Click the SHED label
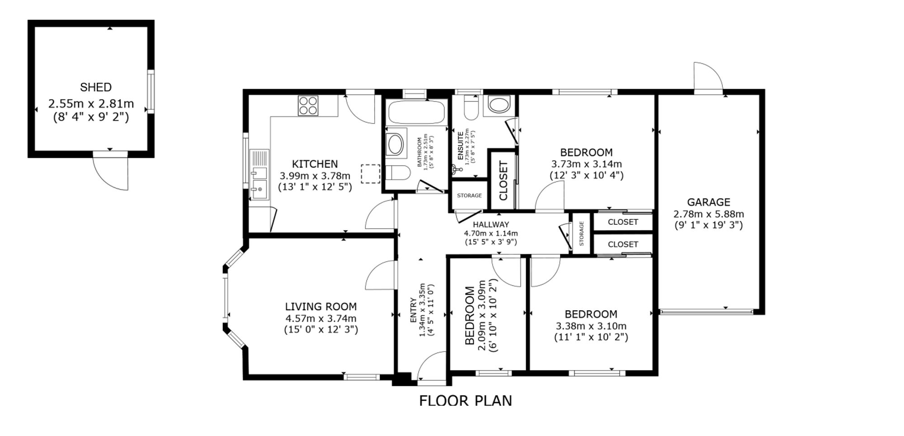96,87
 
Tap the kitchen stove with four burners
308,105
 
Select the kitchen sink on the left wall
259,175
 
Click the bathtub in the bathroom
416,112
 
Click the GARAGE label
709,202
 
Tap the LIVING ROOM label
321,307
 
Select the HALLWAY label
491,224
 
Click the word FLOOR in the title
443,401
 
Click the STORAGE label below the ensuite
469,196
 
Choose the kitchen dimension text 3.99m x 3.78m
315,176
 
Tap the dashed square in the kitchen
370,174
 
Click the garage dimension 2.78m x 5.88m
709,214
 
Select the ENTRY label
413,310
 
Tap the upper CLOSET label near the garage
623,222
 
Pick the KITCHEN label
315,164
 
